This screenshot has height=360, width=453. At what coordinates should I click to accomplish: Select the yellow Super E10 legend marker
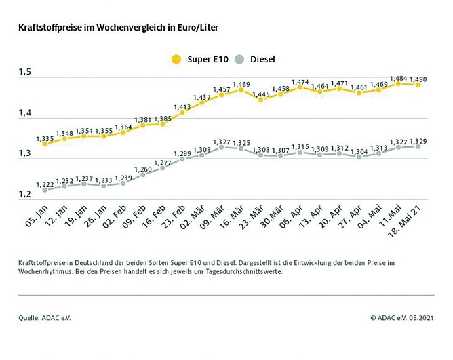[176, 60]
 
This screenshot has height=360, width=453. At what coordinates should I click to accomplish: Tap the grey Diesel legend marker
[238, 60]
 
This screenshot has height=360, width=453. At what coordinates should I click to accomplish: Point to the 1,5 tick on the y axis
[24, 73]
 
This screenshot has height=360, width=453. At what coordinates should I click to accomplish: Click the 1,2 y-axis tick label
[24, 195]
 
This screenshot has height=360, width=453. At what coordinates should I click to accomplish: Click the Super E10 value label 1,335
[45, 136]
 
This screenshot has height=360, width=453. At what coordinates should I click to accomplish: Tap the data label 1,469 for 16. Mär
[241, 84]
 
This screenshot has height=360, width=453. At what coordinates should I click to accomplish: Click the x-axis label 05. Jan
[35, 217]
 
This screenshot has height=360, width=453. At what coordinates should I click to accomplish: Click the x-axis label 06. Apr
[290, 218]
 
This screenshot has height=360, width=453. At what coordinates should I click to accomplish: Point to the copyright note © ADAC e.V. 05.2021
[402, 317]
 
